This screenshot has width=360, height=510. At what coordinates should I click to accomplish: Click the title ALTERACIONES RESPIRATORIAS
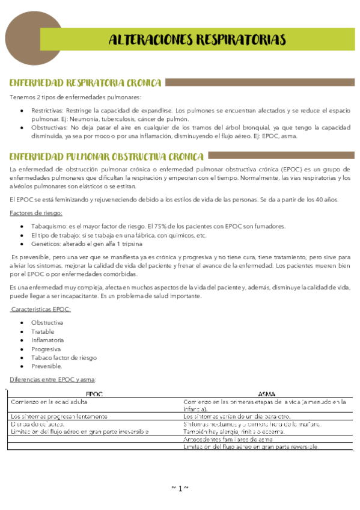coord(197,40)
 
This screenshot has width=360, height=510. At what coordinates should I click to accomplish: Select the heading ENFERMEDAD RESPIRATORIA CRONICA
coord(85,82)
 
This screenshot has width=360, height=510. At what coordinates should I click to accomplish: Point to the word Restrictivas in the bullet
coord(48,111)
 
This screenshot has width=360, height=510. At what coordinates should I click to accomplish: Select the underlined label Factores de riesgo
coord(36,213)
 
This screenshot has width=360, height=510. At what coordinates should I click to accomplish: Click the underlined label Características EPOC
coord(41,309)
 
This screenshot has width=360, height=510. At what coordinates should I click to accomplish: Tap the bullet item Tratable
coord(43,331)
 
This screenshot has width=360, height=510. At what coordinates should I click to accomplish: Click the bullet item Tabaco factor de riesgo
coord(64,357)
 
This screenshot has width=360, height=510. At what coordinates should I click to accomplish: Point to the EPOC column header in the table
coord(94,394)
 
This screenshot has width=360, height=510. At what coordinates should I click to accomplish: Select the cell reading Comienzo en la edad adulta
coord(50,401)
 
